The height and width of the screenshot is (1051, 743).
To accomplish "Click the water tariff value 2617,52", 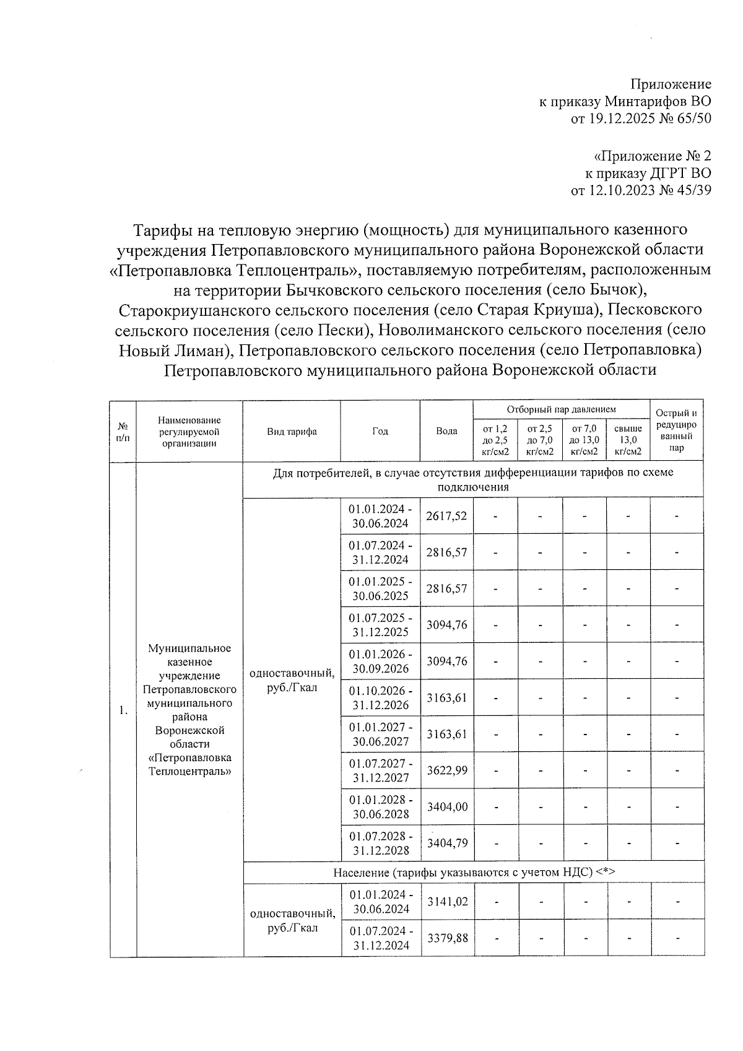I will click(446, 516).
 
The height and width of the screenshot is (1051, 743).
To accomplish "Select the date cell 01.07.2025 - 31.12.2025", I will click(380, 625).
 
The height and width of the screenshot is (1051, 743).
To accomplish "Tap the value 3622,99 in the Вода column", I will click(446, 770).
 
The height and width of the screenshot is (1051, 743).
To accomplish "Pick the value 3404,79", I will click(446, 843).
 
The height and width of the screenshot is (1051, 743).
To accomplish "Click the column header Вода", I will click(446, 431).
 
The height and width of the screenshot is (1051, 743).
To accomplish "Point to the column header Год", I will click(380, 431).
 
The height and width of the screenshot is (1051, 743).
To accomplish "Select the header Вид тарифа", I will click(292, 431).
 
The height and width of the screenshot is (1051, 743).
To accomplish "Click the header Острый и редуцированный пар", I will click(676, 430).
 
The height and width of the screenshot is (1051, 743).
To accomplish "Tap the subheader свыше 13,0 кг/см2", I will click(628, 440).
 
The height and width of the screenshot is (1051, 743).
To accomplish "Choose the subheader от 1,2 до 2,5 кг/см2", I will click(495, 440).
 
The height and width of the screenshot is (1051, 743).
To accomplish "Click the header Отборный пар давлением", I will click(561, 409).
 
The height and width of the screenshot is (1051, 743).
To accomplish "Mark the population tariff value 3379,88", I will click(446, 938).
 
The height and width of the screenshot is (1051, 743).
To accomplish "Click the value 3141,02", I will click(446, 902).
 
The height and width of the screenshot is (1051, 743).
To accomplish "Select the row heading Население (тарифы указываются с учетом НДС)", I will click(474, 872).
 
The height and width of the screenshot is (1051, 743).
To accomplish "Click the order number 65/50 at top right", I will click(695, 118).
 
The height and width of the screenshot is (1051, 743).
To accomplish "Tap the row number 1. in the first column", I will click(123, 710).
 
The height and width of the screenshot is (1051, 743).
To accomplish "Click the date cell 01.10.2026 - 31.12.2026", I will click(380, 698).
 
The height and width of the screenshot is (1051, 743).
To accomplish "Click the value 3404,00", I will click(446, 807).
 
